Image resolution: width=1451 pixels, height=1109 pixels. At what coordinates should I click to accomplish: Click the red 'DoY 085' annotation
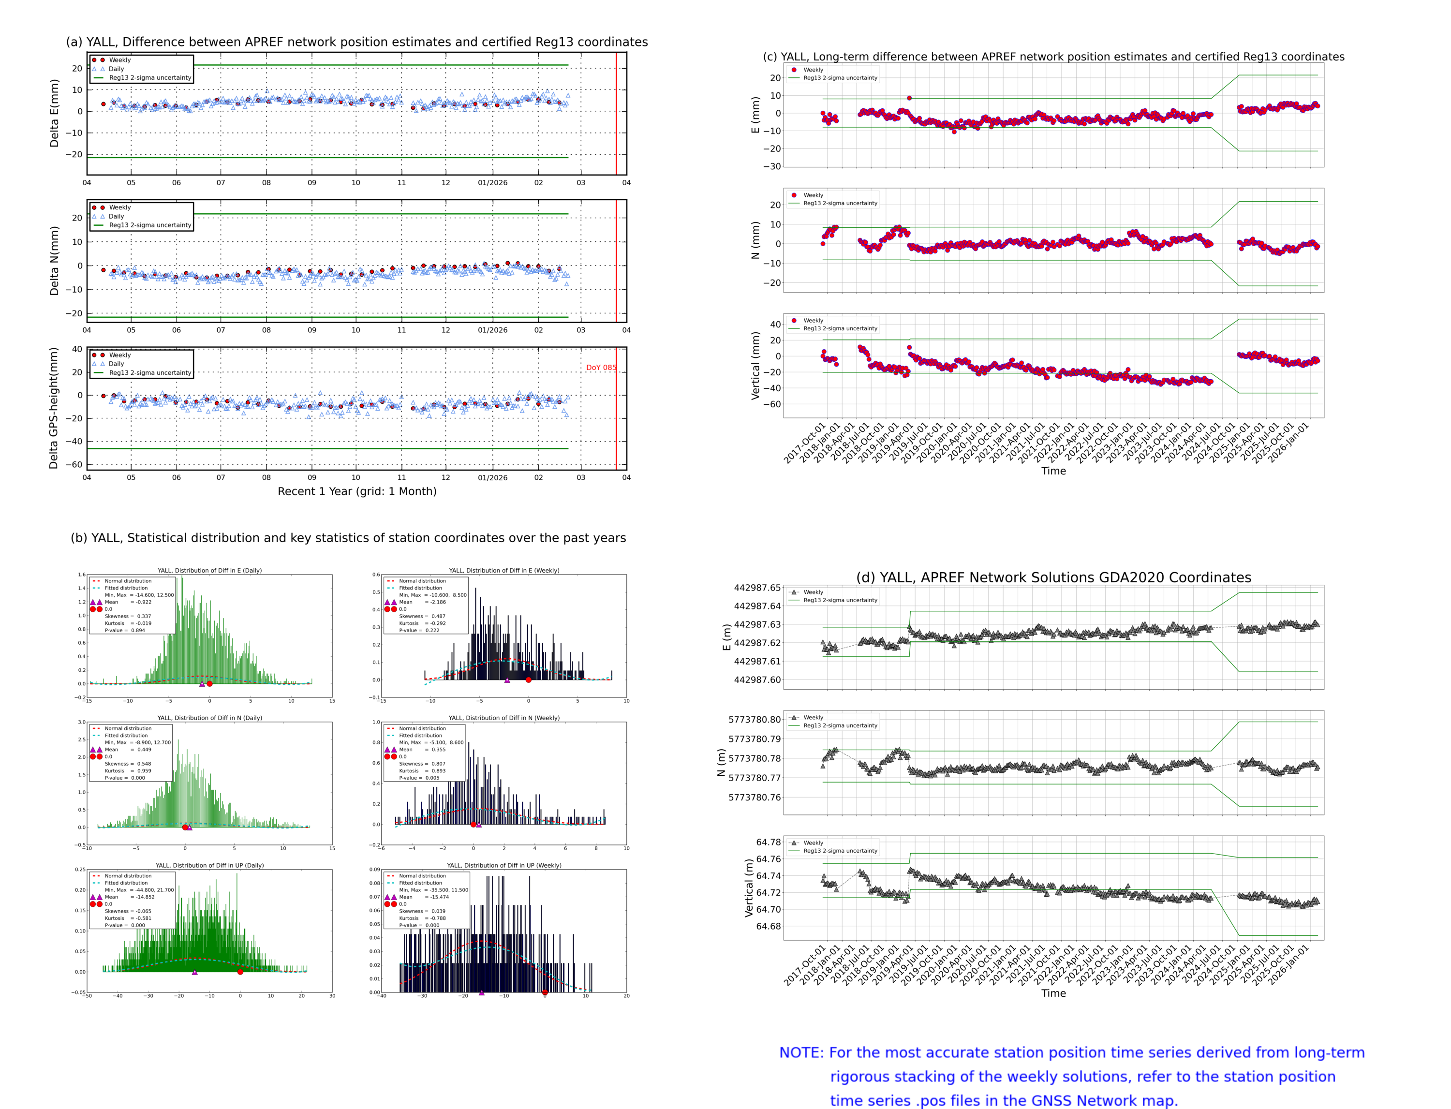(601, 368)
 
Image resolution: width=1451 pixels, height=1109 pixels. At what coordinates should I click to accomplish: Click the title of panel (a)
(356, 42)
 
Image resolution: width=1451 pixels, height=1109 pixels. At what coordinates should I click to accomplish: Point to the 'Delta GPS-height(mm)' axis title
(54, 408)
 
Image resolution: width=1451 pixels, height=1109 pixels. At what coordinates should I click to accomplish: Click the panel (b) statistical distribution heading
(348, 538)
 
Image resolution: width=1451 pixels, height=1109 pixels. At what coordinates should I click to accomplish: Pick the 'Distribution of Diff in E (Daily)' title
(209, 570)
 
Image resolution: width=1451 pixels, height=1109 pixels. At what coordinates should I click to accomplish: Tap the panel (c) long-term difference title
(1053, 57)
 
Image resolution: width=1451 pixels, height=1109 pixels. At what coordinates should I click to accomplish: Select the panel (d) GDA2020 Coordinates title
(1053, 577)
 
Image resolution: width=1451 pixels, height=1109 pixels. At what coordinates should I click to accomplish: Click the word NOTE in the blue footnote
(801, 1053)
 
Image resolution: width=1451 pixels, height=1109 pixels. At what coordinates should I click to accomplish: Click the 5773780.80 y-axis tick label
(754, 720)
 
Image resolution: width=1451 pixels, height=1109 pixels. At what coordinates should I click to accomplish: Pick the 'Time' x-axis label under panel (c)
(1053, 472)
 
